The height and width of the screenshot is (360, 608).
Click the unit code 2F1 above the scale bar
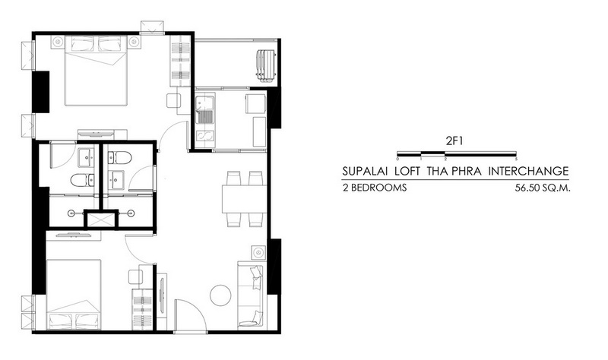tap(454, 141)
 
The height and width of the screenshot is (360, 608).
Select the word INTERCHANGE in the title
tap(528, 171)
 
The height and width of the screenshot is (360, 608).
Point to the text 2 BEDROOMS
tap(375, 188)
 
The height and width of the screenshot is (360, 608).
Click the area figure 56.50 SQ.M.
tap(543, 188)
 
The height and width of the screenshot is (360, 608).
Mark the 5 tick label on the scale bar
tap(517, 159)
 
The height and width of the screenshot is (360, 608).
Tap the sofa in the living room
tap(251, 295)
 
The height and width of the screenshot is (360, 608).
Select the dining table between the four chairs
tap(244, 199)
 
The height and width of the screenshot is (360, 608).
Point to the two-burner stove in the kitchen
tap(204, 136)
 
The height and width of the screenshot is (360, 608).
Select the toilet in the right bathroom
tap(119, 157)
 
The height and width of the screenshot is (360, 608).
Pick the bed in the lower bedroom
tap(74, 295)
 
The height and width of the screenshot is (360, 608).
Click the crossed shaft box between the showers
tap(101, 219)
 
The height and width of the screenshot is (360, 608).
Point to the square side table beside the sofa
tap(258, 253)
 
